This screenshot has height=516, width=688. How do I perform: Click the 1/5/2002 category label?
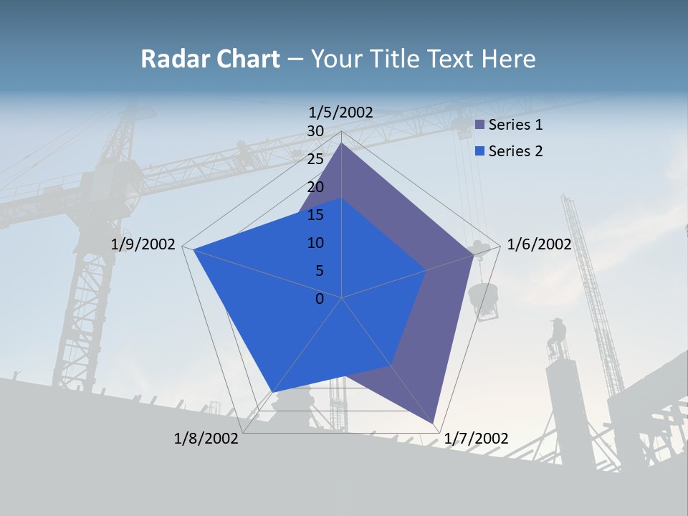click(x=341, y=113)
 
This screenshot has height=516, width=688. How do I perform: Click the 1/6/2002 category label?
click(x=539, y=244)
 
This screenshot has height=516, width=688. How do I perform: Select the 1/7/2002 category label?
click(x=477, y=439)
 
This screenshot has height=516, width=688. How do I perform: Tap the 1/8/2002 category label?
click(x=206, y=439)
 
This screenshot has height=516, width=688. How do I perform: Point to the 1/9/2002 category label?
click(x=143, y=244)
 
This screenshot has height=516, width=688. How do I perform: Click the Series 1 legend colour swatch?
click(x=480, y=125)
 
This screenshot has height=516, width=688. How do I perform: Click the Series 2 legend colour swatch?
click(x=480, y=151)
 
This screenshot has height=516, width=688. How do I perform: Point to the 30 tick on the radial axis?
click(x=315, y=131)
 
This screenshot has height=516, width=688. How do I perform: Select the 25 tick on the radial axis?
click(x=315, y=159)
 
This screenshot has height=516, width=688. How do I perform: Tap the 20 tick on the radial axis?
click(x=315, y=187)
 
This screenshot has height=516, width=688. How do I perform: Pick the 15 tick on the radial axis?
click(x=315, y=215)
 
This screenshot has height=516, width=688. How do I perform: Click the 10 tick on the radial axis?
click(x=315, y=243)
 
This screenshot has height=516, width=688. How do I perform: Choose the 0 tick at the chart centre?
click(x=320, y=299)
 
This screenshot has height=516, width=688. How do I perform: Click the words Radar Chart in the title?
click(x=210, y=59)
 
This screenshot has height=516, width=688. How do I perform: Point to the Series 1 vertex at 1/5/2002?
click(x=341, y=143)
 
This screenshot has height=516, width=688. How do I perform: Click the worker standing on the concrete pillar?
click(x=556, y=337)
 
